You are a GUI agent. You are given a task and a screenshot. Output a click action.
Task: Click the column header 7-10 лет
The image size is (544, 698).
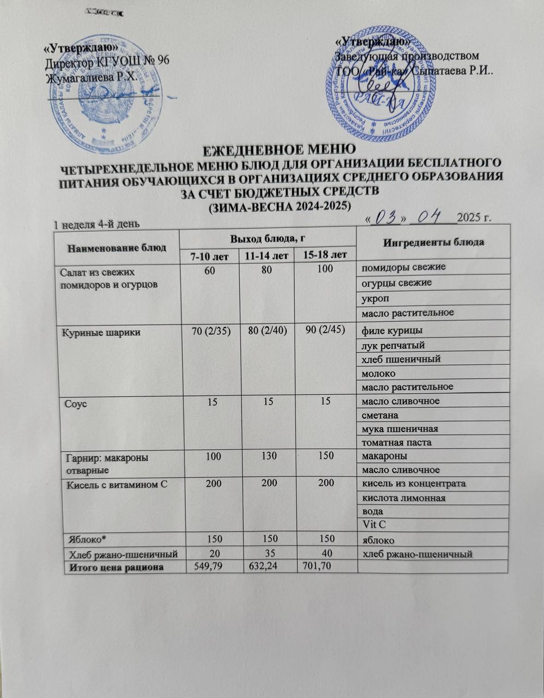tap(209, 256)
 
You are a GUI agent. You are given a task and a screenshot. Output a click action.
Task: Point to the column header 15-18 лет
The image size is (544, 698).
tap(324, 255)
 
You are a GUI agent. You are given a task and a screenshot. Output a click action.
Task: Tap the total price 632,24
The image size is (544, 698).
tap(265, 567)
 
